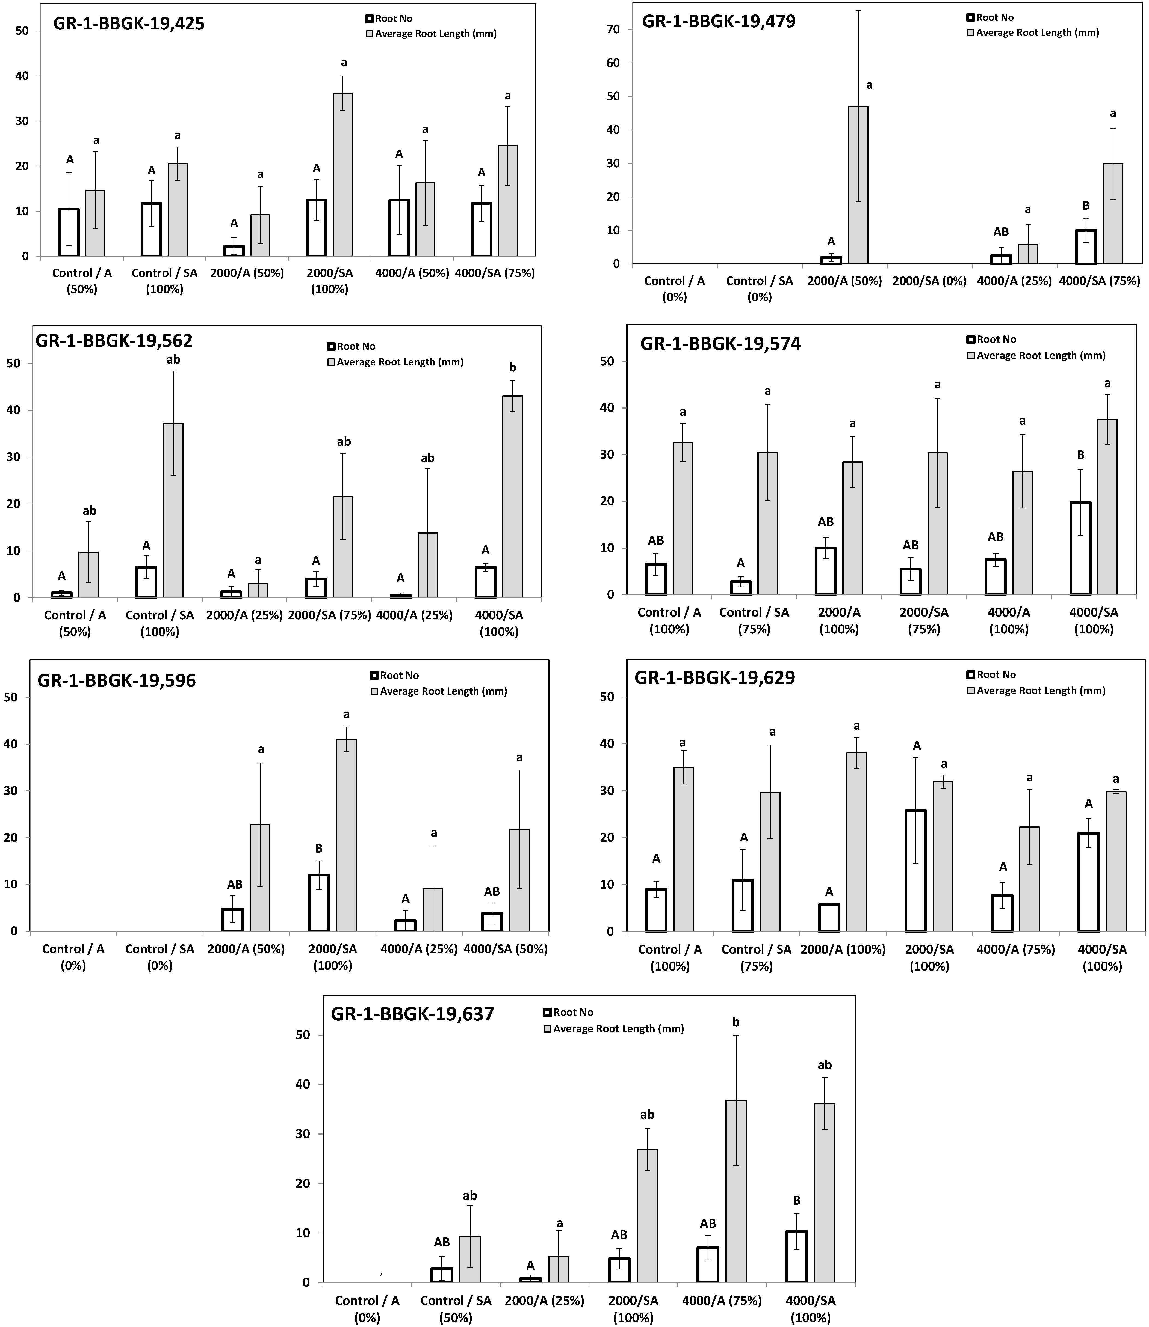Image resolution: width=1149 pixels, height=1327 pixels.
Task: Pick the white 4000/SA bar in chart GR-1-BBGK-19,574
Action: point(1080,548)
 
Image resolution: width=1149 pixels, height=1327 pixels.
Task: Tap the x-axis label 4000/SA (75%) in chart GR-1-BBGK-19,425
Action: point(495,273)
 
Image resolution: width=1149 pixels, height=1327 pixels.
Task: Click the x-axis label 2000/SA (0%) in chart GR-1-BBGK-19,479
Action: point(929,281)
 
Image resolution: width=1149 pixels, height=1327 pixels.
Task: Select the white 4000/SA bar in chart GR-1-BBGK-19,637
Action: point(796,1257)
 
